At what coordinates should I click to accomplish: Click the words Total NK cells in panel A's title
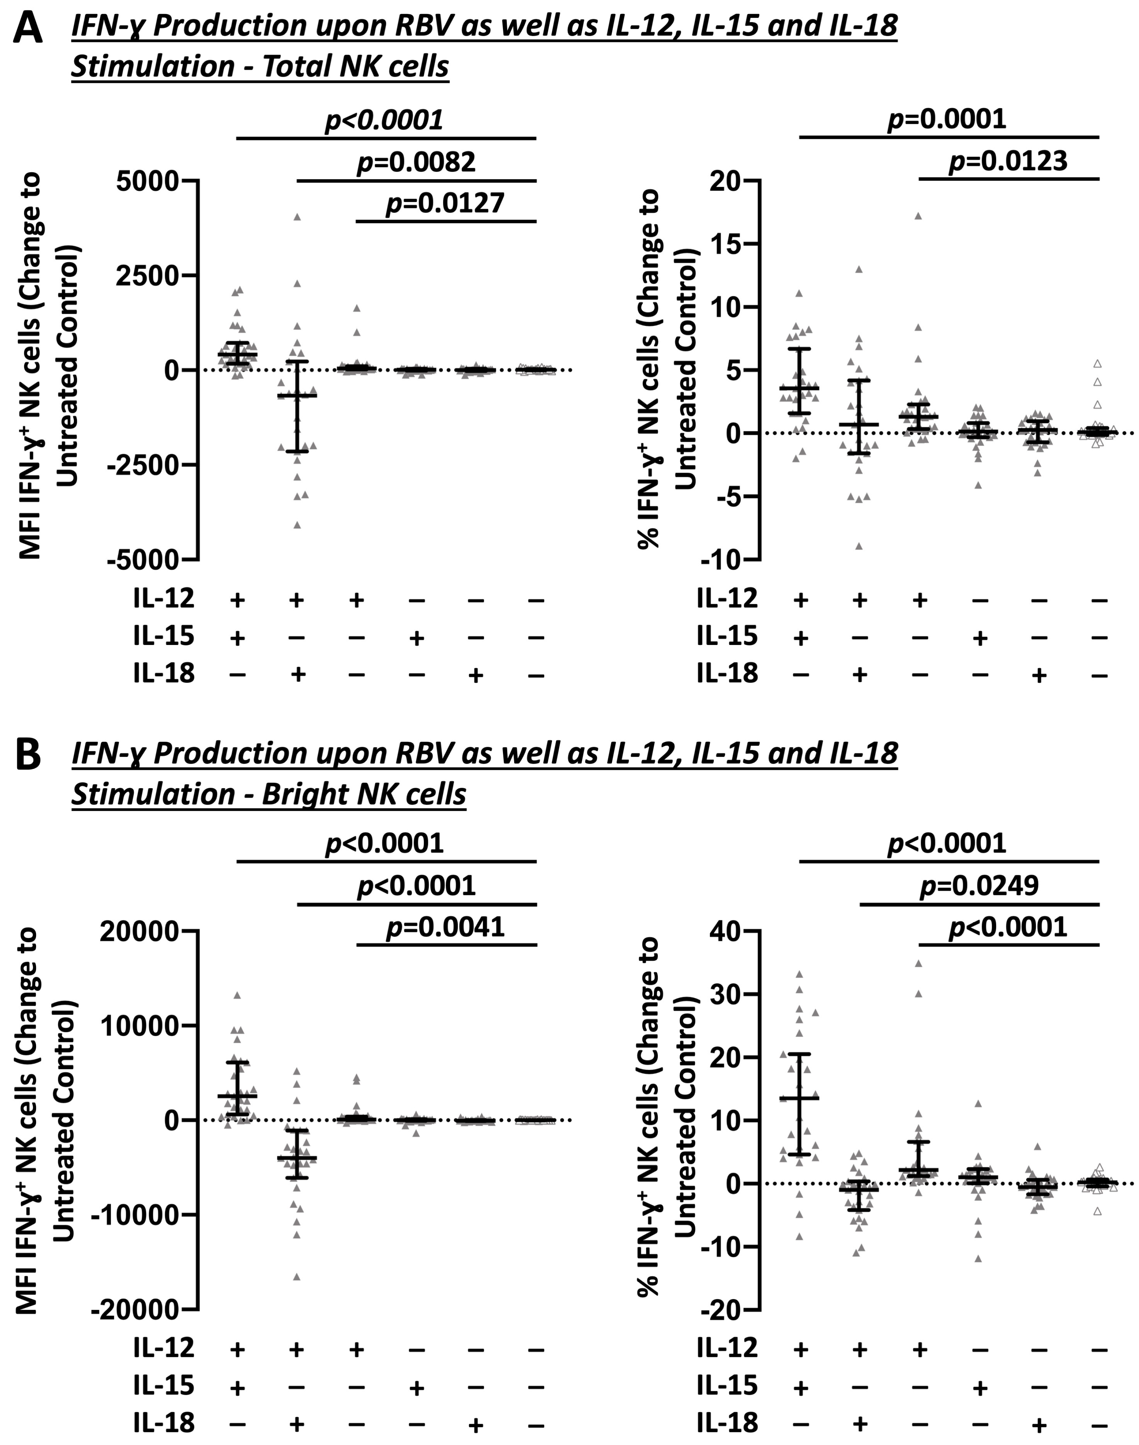pos(355,67)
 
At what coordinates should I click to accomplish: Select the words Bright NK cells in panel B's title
pos(364,794)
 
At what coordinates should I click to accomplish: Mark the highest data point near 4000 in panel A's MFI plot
pos(297,217)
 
